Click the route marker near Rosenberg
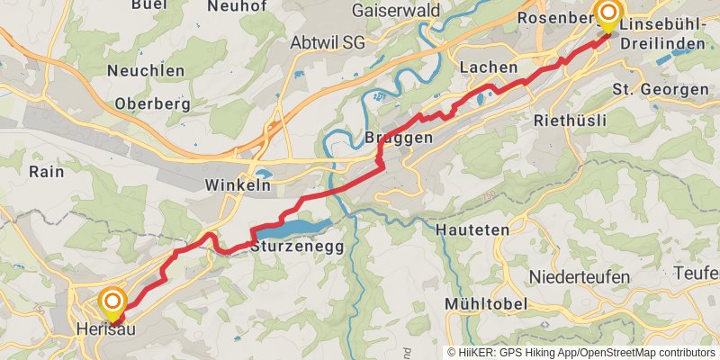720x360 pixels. (x=608, y=13)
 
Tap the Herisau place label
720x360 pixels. (x=106, y=330)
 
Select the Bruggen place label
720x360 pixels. (x=400, y=138)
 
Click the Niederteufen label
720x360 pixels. (x=579, y=276)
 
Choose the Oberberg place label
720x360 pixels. (x=152, y=103)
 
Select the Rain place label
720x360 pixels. (x=46, y=171)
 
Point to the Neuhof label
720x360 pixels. (x=238, y=6)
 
